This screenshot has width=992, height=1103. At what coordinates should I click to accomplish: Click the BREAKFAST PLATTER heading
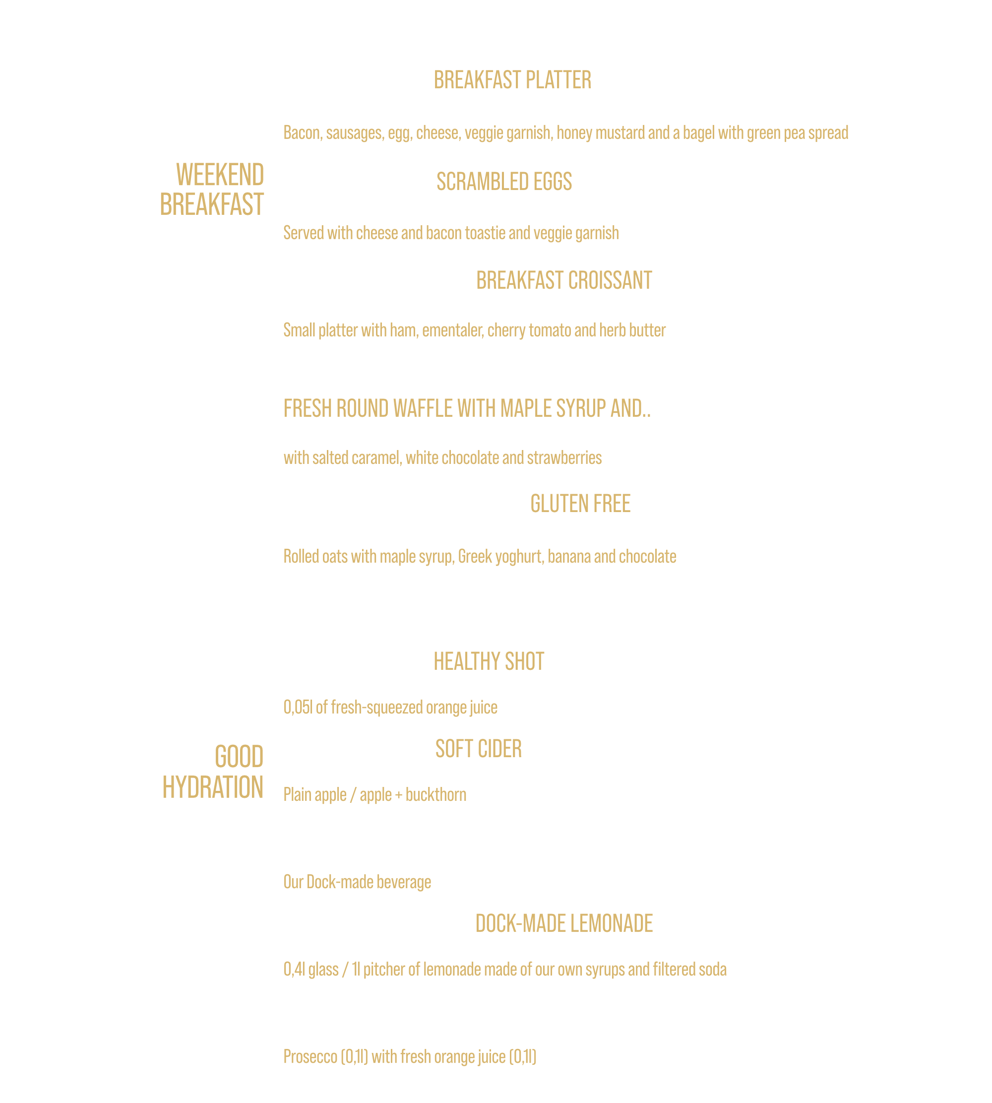tap(512, 80)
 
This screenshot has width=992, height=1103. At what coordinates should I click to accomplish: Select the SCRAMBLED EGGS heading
tap(504, 182)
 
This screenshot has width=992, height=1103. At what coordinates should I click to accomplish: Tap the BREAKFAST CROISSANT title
tap(564, 280)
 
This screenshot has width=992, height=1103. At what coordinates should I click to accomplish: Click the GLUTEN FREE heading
tap(580, 504)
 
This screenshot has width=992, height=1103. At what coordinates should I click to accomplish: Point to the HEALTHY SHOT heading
tap(489, 661)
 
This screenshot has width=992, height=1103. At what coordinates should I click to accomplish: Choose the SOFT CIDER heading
tap(479, 749)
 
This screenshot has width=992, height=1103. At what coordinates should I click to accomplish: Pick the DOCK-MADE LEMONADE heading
tap(564, 923)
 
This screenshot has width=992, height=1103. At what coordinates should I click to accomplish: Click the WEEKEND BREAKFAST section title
tap(212, 190)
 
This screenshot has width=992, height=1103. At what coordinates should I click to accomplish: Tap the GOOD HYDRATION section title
tap(213, 772)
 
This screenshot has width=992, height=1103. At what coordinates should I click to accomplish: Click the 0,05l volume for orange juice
tap(298, 707)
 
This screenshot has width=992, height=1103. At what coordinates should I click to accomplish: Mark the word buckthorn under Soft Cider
tap(436, 794)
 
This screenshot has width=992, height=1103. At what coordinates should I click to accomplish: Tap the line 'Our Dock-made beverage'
tap(357, 882)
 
